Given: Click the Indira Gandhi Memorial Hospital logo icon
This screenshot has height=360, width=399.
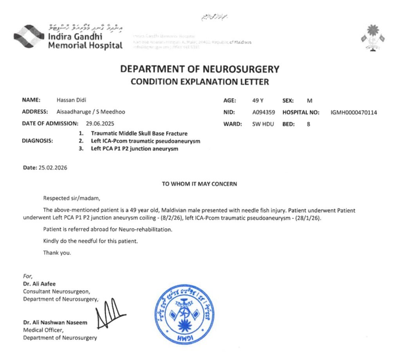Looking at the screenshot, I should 29,37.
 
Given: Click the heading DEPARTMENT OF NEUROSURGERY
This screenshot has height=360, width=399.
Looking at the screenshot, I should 200,69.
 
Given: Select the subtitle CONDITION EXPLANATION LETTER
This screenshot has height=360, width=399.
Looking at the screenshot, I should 200,82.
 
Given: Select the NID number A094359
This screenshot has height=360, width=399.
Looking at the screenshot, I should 264,112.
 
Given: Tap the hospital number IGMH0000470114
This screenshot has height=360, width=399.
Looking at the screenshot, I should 354,112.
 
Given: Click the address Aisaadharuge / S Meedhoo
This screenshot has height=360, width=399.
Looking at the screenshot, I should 91,112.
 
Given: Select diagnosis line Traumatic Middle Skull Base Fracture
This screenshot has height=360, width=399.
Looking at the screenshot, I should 139,134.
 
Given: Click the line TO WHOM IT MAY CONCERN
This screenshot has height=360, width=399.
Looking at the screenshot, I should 199,184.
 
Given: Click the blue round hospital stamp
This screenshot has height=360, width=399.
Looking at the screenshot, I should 184,315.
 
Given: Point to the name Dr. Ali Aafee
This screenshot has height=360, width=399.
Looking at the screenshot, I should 40,284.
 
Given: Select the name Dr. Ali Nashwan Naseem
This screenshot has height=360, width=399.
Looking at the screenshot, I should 55,322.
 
